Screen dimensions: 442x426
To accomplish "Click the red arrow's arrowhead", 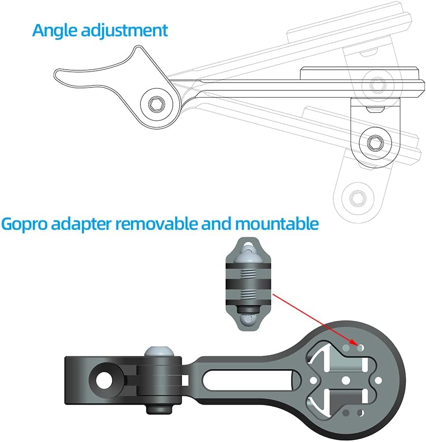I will pyautogui.click(x=357, y=344).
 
